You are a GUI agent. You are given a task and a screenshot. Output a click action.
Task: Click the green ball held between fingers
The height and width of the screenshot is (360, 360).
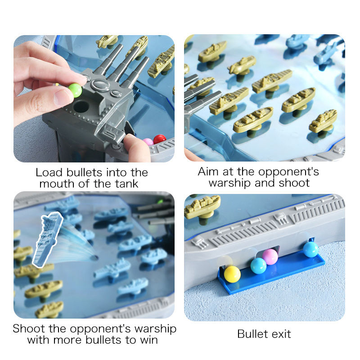coord(75,90)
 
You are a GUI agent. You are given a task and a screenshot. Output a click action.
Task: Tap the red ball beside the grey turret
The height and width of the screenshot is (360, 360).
coord(160,139)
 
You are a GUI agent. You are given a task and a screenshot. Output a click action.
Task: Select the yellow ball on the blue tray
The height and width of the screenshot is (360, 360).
coord(232,274)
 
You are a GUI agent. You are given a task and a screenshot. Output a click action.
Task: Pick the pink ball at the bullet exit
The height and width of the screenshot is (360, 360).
coord(270,256)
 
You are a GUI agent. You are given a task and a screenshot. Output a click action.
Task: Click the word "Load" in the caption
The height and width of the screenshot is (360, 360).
coord(49,172)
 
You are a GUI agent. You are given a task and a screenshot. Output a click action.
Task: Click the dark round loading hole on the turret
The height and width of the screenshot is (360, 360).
coord(81,107)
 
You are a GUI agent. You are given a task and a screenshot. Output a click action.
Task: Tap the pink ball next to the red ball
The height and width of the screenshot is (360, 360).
coord(148,141)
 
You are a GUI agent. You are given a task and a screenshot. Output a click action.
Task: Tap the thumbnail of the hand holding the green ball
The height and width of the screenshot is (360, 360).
coord(94,99)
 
